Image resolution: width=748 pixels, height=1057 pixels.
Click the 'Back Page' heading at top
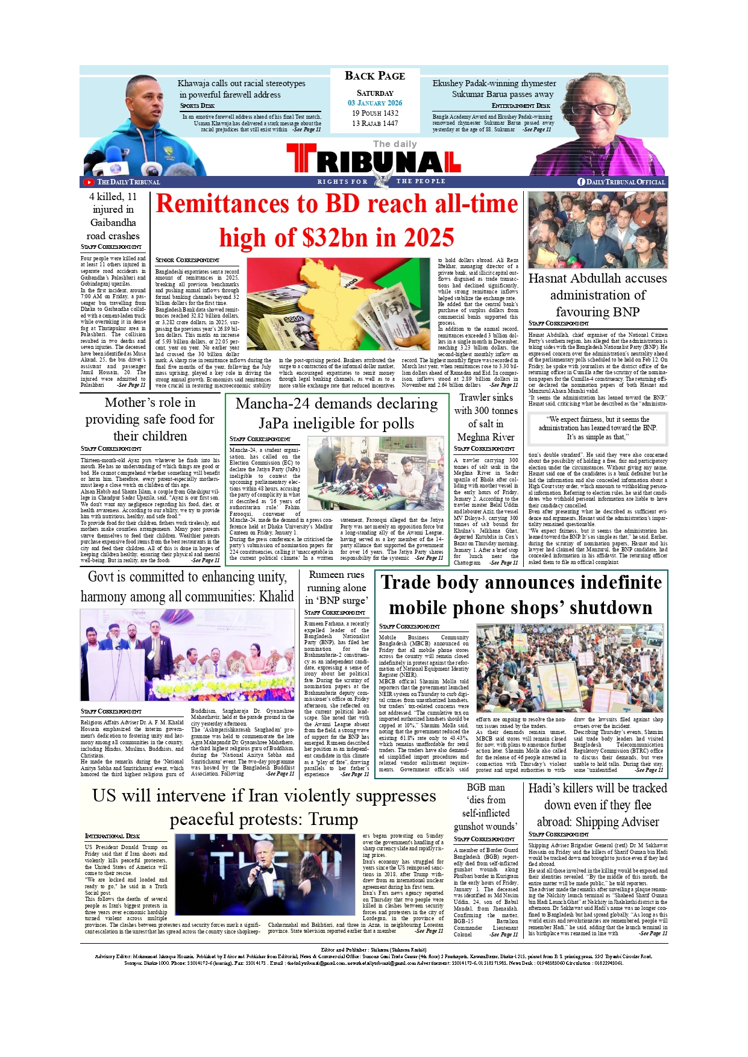(x=374, y=76)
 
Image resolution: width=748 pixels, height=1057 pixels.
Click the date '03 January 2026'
(x=374, y=103)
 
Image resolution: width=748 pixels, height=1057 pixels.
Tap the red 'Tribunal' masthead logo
(x=374, y=160)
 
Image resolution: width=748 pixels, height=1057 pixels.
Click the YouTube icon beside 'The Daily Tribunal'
(x=89, y=182)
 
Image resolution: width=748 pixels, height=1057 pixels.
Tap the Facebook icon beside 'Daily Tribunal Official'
(x=581, y=182)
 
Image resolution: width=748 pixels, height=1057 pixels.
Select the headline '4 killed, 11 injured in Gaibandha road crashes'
(x=113, y=216)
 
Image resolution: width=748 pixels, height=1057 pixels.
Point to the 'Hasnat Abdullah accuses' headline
(x=597, y=279)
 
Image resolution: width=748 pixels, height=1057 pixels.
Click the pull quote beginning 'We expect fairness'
(x=597, y=428)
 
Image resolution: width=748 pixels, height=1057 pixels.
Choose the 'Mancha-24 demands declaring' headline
(x=336, y=404)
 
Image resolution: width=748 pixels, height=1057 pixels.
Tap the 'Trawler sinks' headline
(x=486, y=398)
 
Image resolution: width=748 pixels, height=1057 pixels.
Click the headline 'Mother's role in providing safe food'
(x=150, y=419)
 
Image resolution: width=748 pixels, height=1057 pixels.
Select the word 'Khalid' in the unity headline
(x=277, y=597)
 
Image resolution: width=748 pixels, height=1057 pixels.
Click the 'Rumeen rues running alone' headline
(x=336, y=588)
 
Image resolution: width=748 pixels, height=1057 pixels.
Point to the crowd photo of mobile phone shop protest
(x=570, y=668)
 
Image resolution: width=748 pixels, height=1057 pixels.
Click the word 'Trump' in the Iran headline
(x=333, y=820)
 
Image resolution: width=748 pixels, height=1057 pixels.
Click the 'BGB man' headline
(x=486, y=788)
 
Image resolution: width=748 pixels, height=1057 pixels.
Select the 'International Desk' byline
(x=113, y=836)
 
